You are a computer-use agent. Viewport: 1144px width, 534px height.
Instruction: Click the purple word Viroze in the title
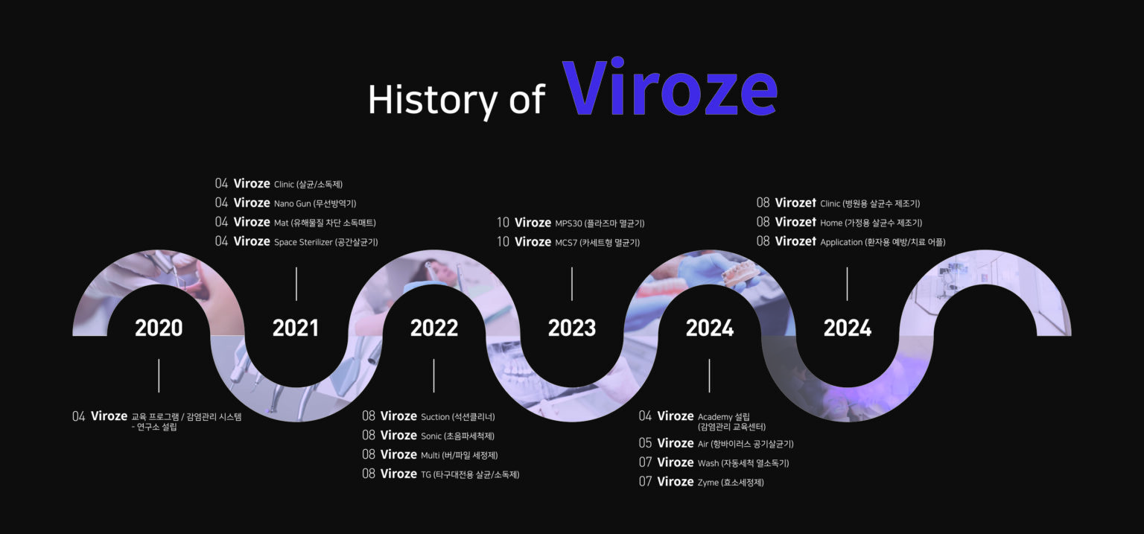click(x=670, y=87)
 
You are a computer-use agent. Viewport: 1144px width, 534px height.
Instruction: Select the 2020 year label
click(x=159, y=328)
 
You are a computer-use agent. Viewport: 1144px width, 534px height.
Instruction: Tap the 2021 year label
click(x=296, y=328)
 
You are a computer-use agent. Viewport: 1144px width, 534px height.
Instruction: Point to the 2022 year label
click(x=434, y=328)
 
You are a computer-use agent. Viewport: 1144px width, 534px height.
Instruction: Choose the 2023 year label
click(x=572, y=328)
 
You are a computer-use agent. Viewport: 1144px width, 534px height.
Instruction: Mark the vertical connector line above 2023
click(x=572, y=284)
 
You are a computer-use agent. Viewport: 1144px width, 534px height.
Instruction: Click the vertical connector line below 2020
click(x=159, y=376)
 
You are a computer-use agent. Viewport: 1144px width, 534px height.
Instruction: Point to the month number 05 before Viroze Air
click(x=645, y=443)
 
